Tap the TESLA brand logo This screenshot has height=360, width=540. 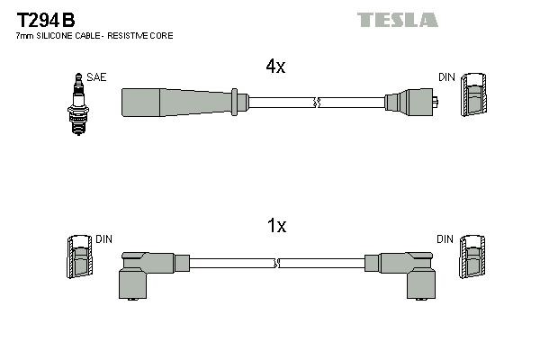point(397,19)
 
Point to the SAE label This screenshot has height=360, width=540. point(96,77)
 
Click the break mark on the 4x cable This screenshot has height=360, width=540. point(315,103)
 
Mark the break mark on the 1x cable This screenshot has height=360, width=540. point(277,264)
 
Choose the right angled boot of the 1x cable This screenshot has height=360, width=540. point(409,270)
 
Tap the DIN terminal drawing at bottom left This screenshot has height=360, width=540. point(78,256)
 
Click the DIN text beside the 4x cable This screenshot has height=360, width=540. point(445,78)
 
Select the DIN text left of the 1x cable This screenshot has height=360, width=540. point(104,238)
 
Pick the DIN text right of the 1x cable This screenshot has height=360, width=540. point(445,238)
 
